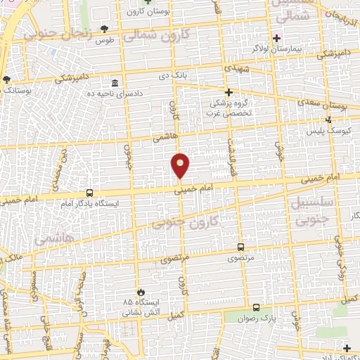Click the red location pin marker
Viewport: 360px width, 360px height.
coord(181,165)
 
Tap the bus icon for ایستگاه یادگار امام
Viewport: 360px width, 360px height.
coord(89,192)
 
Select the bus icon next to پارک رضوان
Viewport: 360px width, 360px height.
coord(255,307)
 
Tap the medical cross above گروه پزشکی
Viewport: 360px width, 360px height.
coord(228,92)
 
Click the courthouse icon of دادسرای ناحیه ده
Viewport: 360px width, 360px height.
coord(115,82)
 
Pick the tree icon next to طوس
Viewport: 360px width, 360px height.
coord(105,28)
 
